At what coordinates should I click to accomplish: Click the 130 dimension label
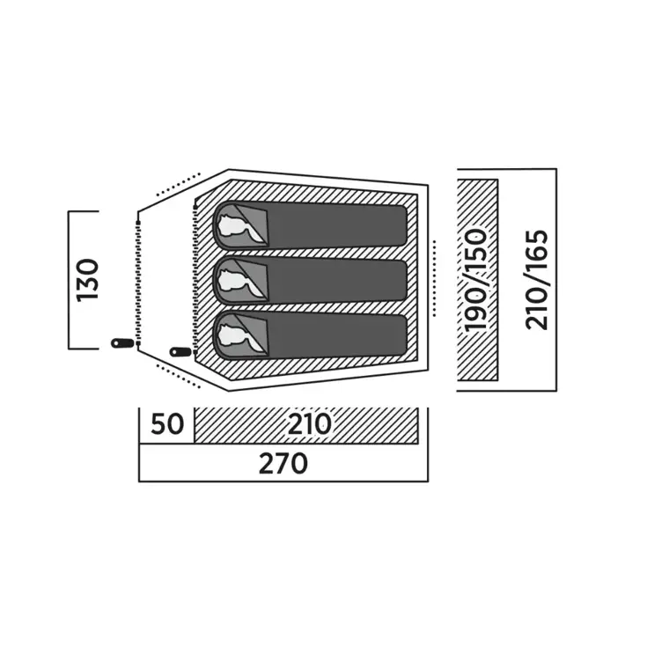point(87,281)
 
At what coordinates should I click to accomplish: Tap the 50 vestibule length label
point(167,424)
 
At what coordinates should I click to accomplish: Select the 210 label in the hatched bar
point(310,424)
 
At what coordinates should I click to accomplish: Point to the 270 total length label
point(283,463)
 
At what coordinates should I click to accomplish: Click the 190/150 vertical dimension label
point(475,281)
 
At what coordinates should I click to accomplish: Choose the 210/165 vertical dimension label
point(536,280)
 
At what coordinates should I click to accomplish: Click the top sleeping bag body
point(336,225)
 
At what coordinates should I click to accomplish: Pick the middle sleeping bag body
point(336,281)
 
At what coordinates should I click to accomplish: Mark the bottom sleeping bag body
point(336,335)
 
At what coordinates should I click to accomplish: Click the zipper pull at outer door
point(122,343)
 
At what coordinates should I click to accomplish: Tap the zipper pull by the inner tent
point(180,352)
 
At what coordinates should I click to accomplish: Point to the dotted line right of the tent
point(434,278)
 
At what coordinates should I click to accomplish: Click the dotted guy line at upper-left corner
point(178,184)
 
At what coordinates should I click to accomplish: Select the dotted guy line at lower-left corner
point(178,377)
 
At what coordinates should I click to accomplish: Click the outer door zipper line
point(139,283)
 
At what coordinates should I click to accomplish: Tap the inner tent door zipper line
point(195,276)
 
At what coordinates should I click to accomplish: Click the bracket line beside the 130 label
point(69,280)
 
